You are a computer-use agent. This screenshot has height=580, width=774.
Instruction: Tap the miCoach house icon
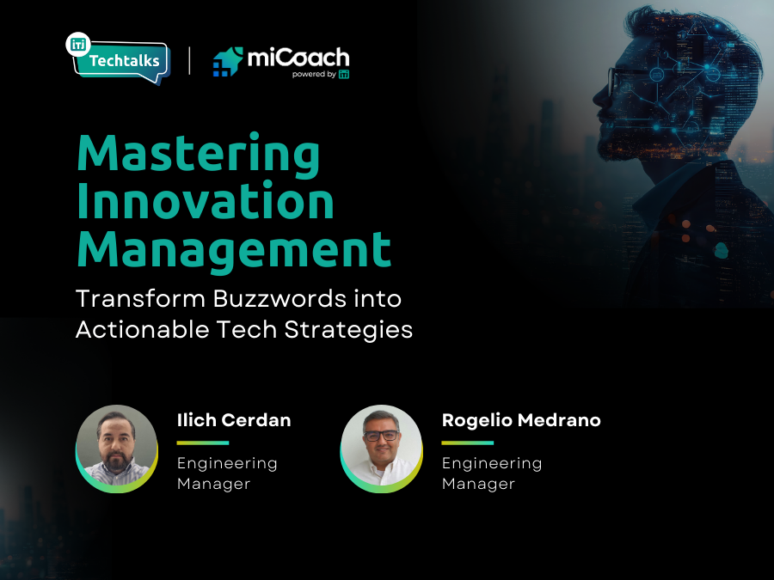point(228,63)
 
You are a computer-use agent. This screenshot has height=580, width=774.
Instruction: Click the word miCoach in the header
point(298,58)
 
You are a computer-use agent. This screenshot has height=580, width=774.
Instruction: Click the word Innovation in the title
point(206,201)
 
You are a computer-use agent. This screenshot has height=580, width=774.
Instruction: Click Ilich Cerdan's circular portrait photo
point(117,447)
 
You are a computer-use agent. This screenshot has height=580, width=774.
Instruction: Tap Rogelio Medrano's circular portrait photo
point(381,447)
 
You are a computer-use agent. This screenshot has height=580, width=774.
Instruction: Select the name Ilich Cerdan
point(234,420)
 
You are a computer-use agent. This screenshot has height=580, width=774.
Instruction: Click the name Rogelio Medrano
point(521,420)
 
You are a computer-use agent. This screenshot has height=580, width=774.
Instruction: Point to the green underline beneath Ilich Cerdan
point(203,443)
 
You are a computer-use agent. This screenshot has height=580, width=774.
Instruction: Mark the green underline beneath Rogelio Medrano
point(468,443)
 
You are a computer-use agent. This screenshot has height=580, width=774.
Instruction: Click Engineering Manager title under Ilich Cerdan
point(227,473)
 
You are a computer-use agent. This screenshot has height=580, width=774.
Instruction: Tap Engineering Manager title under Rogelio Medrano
point(492,473)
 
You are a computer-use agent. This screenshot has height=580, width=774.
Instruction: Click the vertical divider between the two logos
point(189,60)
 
